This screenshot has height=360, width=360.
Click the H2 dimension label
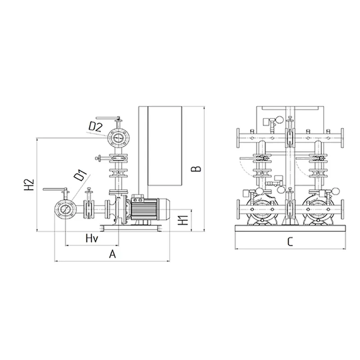click(29, 185)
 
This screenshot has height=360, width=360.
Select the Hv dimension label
click(92, 238)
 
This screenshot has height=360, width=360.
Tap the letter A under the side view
click(112, 254)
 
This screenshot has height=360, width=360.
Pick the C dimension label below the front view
click(290, 242)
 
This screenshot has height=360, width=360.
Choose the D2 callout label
click(95, 127)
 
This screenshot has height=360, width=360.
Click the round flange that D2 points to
click(119, 138)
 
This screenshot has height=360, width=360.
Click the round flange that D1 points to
click(65, 209)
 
